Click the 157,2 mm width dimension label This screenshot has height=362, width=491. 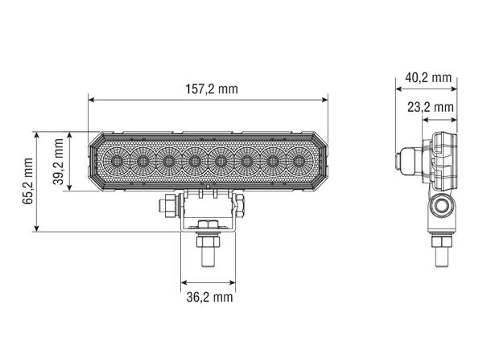[208, 88]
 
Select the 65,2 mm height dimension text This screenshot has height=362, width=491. [27, 181]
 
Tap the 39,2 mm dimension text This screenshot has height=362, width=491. [58, 161]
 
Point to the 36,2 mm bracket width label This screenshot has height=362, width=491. [208, 297]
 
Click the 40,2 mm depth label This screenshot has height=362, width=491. [427, 77]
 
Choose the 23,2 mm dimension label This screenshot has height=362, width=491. [430, 106]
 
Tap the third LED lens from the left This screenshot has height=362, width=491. [168, 162]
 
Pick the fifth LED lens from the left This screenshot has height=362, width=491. [221, 162]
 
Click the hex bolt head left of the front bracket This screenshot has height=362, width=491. [167, 207]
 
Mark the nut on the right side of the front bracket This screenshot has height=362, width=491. [239, 206]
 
